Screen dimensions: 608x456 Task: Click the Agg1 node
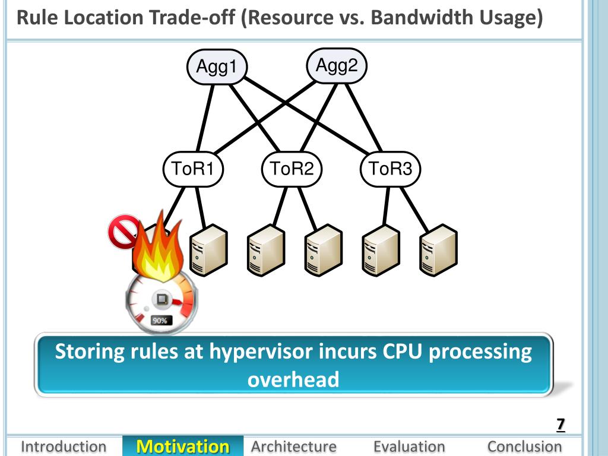click(217, 66)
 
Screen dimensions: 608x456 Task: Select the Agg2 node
click(337, 65)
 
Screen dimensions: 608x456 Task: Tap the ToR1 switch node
click(193, 169)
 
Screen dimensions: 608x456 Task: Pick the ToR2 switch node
click(292, 169)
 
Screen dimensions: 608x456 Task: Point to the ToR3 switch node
click(391, 169)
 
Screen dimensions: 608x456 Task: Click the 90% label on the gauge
click(160, 321)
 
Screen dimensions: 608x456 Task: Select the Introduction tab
click(64, 446)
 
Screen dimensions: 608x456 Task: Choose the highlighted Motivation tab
click(183, 446)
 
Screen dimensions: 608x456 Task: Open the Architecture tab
click(293, 446)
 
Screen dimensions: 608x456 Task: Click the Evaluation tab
click(409, 446)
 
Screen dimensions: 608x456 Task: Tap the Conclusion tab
click(525, 446)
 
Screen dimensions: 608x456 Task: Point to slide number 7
click(560, 425)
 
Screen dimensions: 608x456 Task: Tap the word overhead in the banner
click(293, 379)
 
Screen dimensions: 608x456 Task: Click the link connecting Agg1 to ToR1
click(205, 118)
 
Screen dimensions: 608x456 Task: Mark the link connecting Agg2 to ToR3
click(364, 117)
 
